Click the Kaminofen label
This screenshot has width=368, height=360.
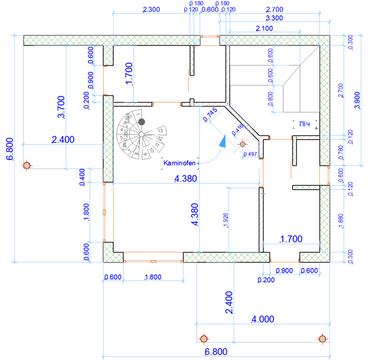pos(180,163)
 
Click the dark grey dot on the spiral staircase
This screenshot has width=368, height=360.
pos(142,122)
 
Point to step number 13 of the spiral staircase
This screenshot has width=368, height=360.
pos(161,130)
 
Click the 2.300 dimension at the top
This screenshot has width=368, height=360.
pos(153,10)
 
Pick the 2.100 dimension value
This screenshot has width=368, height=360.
pos(264,29)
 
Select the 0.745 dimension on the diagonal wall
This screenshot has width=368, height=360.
pos(210,114)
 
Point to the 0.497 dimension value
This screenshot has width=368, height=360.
pos(250,154)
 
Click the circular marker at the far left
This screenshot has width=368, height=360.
pos(27,165)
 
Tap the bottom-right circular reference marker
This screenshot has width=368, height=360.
pos(322,339)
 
